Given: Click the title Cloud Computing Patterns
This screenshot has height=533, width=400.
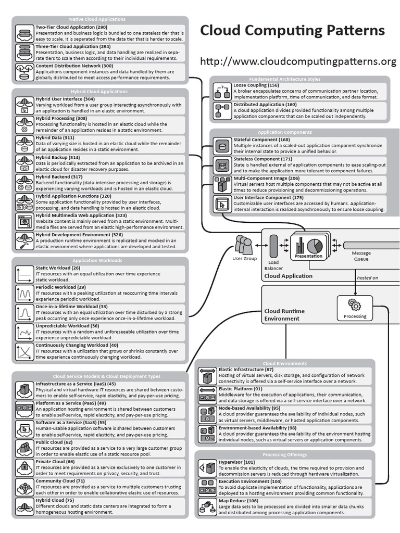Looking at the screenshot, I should pyautogui.click(x=292, y=31).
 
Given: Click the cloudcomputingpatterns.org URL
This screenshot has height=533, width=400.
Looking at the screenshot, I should pyautogui.click(x=298, y=61).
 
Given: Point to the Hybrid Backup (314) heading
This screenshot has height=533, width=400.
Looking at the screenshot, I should pyautogui.click(x=57, y=157).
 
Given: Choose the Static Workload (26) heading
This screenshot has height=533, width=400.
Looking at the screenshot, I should pyautogui.click(x=57, y=268).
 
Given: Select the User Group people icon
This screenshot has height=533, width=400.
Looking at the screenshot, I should pyautogui.click(x=244, y=245).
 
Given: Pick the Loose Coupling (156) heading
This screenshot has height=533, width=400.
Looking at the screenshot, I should pyautogui.click(x=256, y=85).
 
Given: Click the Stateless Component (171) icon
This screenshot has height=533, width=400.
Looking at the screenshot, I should pyautogui.click(x=222, y=166).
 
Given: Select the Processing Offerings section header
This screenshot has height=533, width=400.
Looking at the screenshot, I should pyautogui.click(x=284, y=454).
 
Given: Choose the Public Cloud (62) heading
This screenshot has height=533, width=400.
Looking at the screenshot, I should pyautogui.click(x=54, y=442).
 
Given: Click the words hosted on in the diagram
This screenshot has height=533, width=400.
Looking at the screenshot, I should pyautogui.click(x=368, y=277).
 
